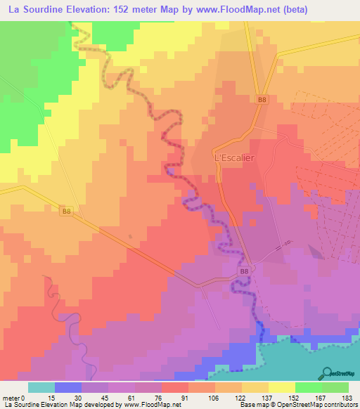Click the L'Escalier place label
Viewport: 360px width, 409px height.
pos(233,158)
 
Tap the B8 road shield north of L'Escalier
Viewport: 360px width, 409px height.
pos(262,100)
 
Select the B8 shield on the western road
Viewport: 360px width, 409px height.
pos(66,211)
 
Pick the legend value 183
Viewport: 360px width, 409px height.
pos(347,398)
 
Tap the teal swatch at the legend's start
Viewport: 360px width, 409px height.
pos(41,387)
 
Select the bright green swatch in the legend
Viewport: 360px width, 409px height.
pos(309,387)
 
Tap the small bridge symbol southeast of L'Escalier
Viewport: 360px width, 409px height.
pos(282,247)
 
